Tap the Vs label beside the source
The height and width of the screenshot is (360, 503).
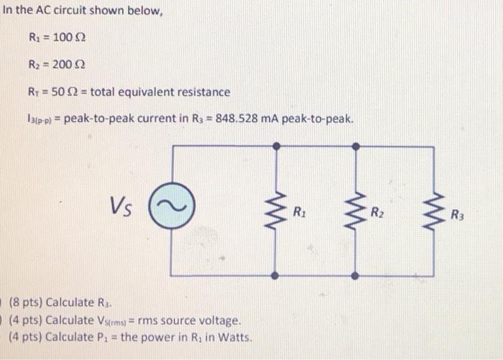point(124,207)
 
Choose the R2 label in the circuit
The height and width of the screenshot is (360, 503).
point(377,212)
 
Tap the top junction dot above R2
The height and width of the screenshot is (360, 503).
point(355,146)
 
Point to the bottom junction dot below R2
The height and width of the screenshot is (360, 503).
point(355,275)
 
